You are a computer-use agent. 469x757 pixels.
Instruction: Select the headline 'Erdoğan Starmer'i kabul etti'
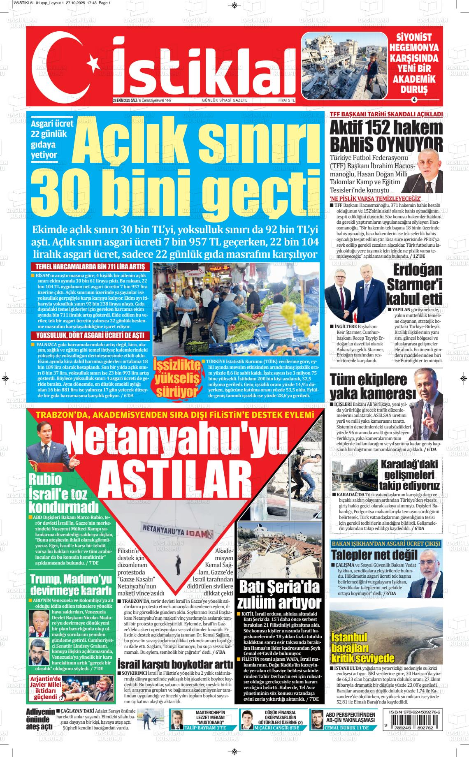415,284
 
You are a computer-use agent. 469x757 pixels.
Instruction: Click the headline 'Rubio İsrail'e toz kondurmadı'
64,492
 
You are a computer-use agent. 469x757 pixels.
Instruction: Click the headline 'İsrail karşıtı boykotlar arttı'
175,664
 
